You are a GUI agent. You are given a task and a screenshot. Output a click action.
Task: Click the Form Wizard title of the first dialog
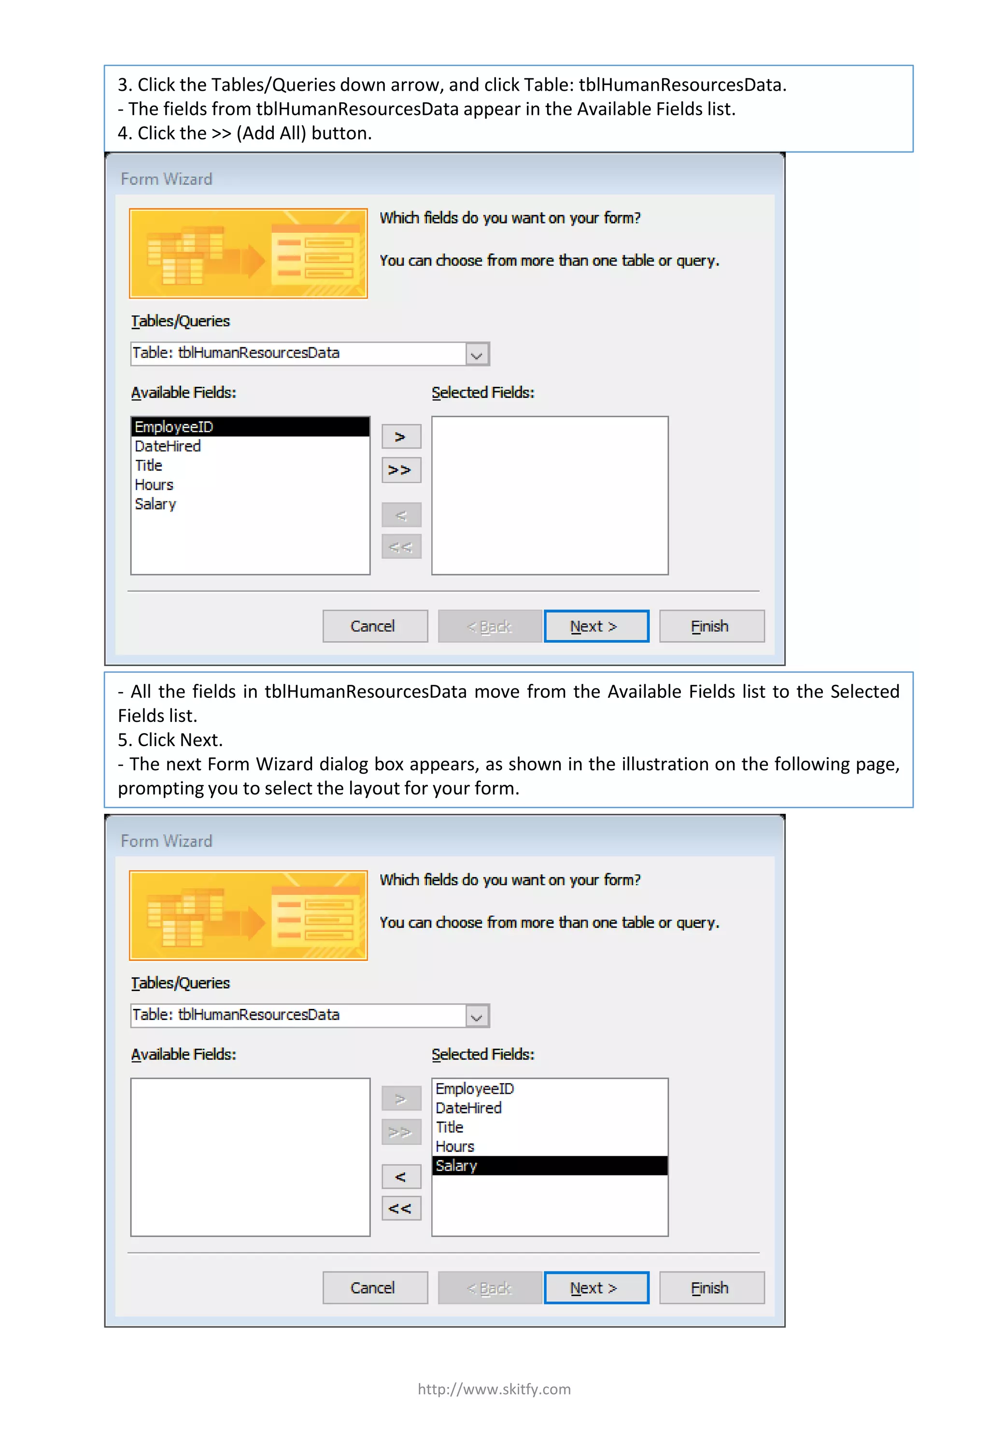[x=166, y=179]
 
